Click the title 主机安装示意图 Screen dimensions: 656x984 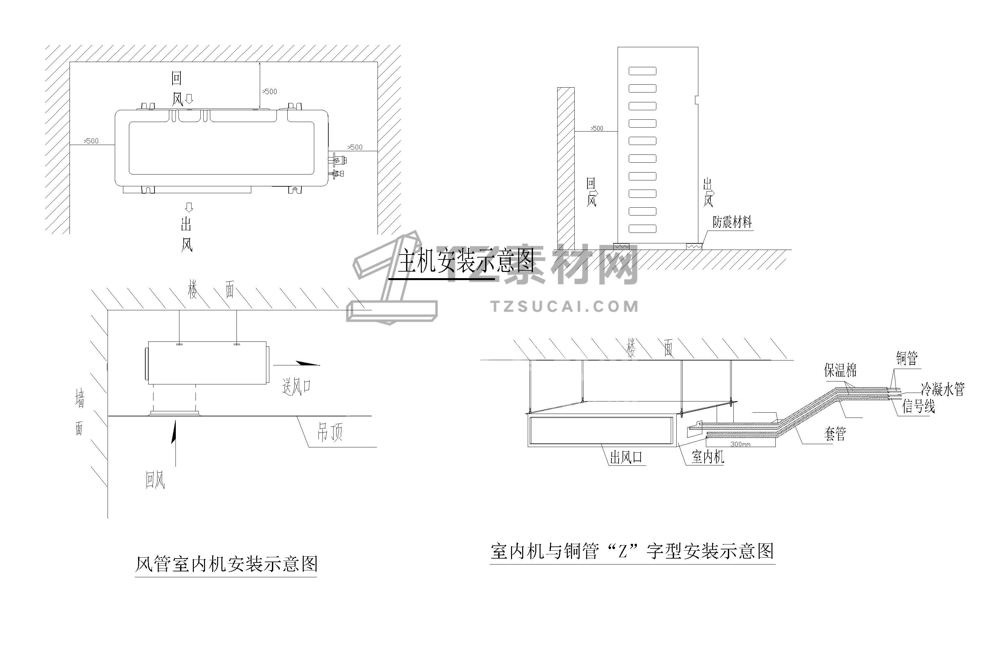(465, 261)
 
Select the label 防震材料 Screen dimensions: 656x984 (732, 222)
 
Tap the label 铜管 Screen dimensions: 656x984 (907, 359)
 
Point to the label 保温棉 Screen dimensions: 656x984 (840, 370)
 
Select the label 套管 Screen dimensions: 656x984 (835, 434)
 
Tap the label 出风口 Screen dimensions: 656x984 (626, 458)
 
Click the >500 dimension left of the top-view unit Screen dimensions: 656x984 (91, 141)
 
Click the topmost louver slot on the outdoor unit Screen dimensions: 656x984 (642, 71)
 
